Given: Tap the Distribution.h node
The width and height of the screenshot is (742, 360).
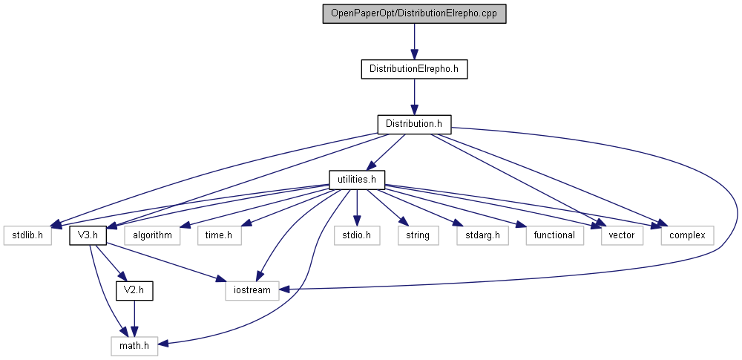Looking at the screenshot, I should pyautogui.click(x=414, y=124).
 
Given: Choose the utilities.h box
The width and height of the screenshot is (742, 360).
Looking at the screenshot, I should pyautogui.click(x=357, y=179).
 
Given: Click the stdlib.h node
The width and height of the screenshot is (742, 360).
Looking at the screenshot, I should pyautogui.click(x=28, y=235).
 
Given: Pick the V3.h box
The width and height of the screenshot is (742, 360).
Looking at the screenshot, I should pyautogui.click(x=88, y=235).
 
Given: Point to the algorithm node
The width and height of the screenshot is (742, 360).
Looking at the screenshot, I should pyautogui.click(x=153, y=235).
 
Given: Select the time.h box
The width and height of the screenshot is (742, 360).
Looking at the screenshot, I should pyautogui.click(x=219, y=235).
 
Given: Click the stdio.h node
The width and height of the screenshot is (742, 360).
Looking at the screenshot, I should pyautogui.click(x=357, y=235).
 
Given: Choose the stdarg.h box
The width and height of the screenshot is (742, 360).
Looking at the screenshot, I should pyautogui.click(x=476, y=235).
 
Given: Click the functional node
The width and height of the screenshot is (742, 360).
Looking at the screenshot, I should pyautogui.click(x=554, y=235).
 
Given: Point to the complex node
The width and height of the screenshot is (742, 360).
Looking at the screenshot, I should pyautogui.click(x=687, y=235).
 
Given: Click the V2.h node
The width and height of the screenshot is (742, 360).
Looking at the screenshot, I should pyautogui.click(x=134, y=290).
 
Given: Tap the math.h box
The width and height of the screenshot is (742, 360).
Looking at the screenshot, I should pyautogui.click(x=134, y=345).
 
